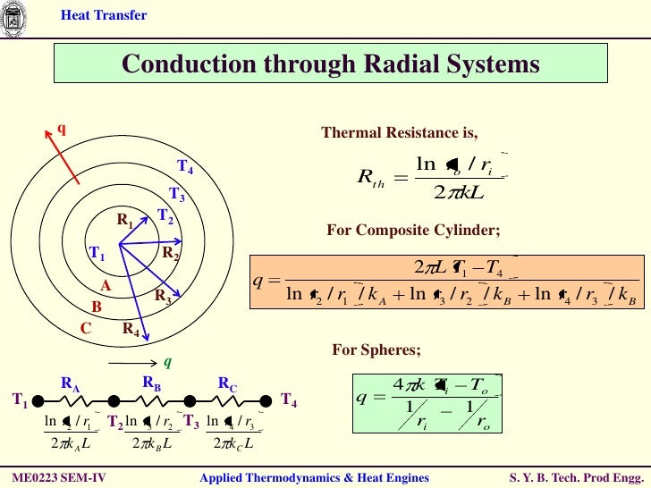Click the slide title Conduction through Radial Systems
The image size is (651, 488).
coord(330,64)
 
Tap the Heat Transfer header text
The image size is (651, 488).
coord(104,15)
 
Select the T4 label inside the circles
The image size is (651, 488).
coord(185,167)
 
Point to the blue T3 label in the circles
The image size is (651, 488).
coord(177,196)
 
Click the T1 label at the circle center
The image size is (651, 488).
coord(97,255)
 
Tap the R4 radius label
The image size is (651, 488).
coord(131,329)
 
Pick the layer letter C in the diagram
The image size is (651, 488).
coord(86,328)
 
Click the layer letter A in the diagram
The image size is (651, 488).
coord(105,286)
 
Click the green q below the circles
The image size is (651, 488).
coord(166,362)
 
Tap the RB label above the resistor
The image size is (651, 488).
coord(151,382)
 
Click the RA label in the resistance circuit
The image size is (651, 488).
coord(71,384)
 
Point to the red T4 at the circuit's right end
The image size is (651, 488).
coord(289,400)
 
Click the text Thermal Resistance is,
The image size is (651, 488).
coord(400,133)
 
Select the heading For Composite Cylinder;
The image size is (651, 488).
coord(413,231)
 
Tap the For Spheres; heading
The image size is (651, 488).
coord(376,349)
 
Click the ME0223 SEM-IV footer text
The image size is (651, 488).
coord(59,478)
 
